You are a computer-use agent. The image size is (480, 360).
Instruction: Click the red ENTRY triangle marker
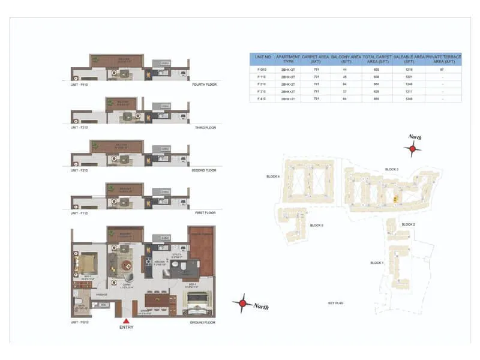tap(126, 321)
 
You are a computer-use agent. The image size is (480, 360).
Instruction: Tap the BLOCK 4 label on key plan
tap(274, 176)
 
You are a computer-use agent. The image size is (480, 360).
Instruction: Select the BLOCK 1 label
tap(377, 263)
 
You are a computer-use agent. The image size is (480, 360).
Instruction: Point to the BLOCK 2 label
tap(408, 224)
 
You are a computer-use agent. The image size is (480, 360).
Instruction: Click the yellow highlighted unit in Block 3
tap(395, 199)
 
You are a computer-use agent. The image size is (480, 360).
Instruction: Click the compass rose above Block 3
tap(412, 149)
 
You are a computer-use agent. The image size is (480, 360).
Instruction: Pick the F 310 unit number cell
tap(261, 91)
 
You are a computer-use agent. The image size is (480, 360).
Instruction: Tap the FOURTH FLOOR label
tap(205, 85)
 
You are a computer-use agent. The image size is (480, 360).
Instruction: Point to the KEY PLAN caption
tap(335, 304)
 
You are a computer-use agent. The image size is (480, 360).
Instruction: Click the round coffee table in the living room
tap(127, 265)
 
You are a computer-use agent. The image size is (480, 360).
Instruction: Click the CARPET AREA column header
tap(315, 59)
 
